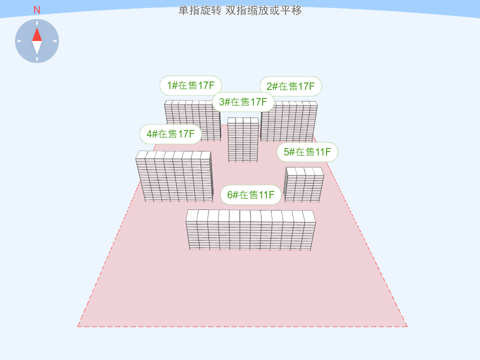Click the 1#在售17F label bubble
[x=190, y=85]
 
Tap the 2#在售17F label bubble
[x=291, y=86]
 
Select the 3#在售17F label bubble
[x=243, y=102]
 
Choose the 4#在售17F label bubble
[x=170, y=134]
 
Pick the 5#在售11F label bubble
[x=307, y=152]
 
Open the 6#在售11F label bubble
[x=250, y=194]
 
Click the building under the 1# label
[x=192, y=120]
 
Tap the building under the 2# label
[x=289, y=121]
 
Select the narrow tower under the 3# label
[x=243, y=140]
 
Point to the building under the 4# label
[x=174, y=176]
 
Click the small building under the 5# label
[x=303, y=184]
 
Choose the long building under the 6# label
[x=250, y=230]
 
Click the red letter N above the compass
[x=36, y=10]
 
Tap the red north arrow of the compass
[x=37, y=34]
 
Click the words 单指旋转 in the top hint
[x=200, y=10]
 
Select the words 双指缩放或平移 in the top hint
[x=263, y=10]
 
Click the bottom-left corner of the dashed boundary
[x=78, y=326]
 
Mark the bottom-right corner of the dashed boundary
[x=407, y=326]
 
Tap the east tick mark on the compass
[x=55, y=41]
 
